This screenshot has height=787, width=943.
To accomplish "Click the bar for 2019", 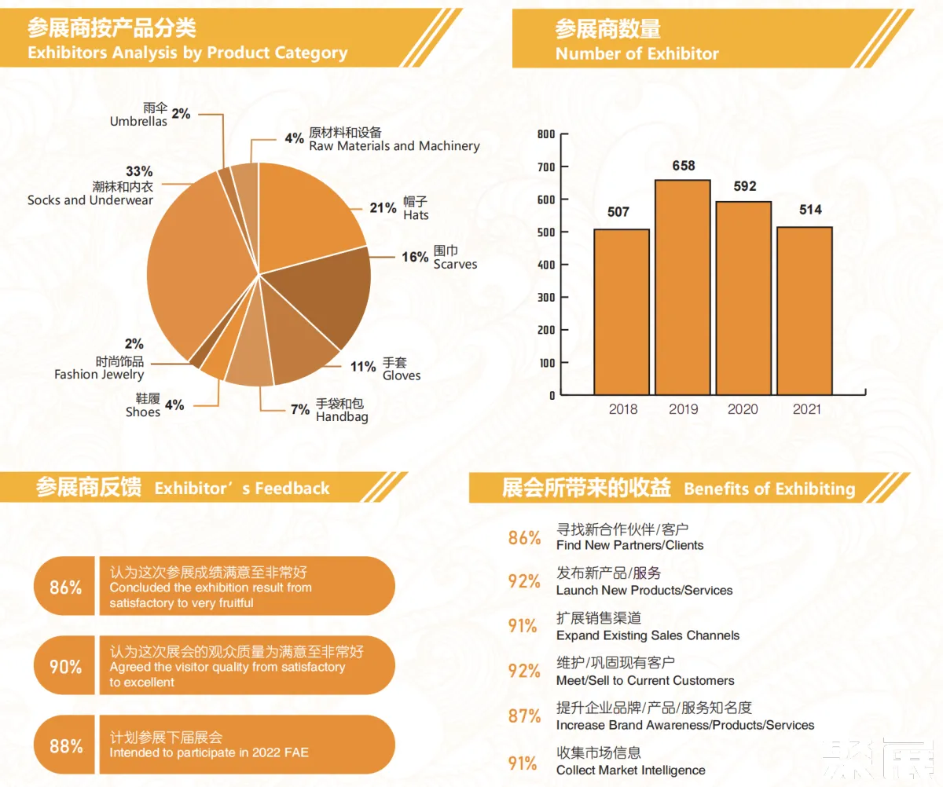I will click(683, 287).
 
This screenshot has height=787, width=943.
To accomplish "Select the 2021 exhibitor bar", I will click(805, 310).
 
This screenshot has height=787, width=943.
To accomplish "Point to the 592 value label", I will click(744, 186).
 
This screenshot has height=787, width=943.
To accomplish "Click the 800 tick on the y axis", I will click(546, 134).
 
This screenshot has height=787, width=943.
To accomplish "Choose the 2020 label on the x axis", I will click(743, 409).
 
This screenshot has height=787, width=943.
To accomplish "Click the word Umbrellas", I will click(138, 122).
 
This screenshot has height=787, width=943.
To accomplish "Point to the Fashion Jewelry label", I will click(99, 375).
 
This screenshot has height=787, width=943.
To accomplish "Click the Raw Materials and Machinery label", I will click(394, 146).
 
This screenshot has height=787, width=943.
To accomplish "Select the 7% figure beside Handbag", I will click(299, 409).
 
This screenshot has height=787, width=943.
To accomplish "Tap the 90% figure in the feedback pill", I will click(65, 667).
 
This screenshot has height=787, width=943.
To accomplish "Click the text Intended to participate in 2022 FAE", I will click(209, 752).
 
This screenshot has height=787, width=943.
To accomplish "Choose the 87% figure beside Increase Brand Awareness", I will click(524, 716).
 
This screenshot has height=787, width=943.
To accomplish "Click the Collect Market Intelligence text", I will click(630, 770).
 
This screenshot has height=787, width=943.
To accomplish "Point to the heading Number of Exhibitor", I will click(637, 53).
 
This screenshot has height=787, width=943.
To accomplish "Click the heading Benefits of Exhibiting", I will click(769, 489).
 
